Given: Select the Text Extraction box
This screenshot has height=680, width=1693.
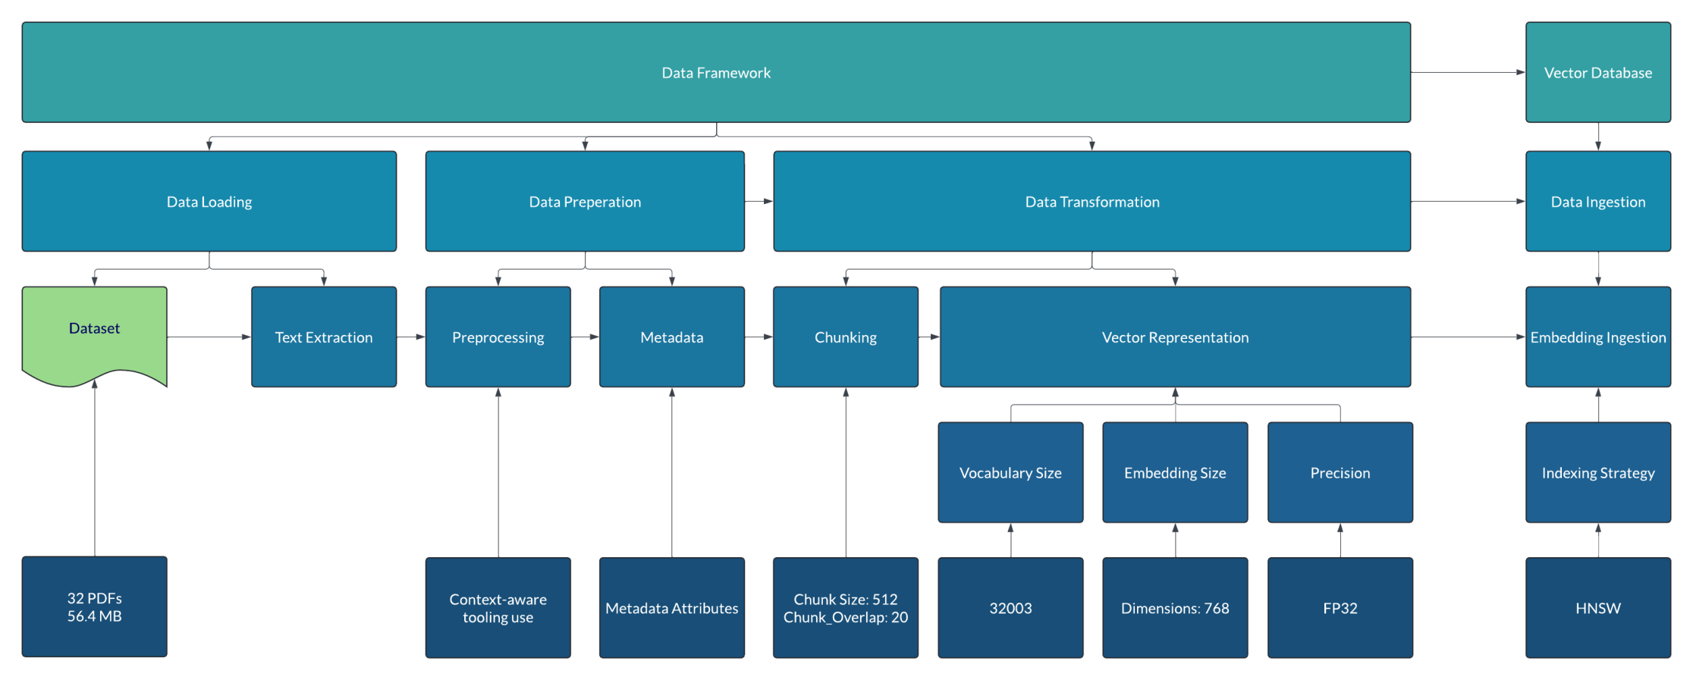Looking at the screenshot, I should point(323,337).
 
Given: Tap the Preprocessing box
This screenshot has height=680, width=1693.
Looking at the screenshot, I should point(498,337).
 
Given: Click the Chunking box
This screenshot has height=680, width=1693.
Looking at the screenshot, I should point(845,337).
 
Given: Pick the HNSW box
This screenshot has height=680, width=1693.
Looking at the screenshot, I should point(1597,607).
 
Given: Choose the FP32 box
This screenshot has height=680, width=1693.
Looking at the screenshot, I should point(1340,607).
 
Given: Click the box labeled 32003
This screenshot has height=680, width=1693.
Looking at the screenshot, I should point(1010,607).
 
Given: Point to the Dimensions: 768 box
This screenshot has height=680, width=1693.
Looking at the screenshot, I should point(1174,607).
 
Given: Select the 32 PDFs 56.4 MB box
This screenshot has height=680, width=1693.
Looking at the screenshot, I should point(94,606).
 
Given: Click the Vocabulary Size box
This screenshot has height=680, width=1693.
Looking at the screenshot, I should point(1010,472).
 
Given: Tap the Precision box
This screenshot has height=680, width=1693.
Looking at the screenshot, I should point(1340,472).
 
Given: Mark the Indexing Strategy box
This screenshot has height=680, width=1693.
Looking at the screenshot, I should point(1597,472).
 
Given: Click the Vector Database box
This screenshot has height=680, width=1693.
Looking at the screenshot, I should point(1597,72).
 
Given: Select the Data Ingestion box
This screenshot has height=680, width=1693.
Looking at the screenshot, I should point(1597,201).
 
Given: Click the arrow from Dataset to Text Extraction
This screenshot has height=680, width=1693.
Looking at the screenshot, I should point(209,337).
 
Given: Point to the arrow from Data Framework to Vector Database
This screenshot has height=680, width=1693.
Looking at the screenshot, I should point(1468,72).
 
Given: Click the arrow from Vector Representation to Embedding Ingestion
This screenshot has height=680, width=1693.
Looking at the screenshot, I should point(1468,337).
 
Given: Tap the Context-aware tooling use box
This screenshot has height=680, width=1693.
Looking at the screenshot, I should point(498,607).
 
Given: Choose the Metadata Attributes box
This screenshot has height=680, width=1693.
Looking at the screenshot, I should point(671,607).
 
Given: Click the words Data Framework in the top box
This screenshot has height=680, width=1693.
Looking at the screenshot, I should point(715,73).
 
